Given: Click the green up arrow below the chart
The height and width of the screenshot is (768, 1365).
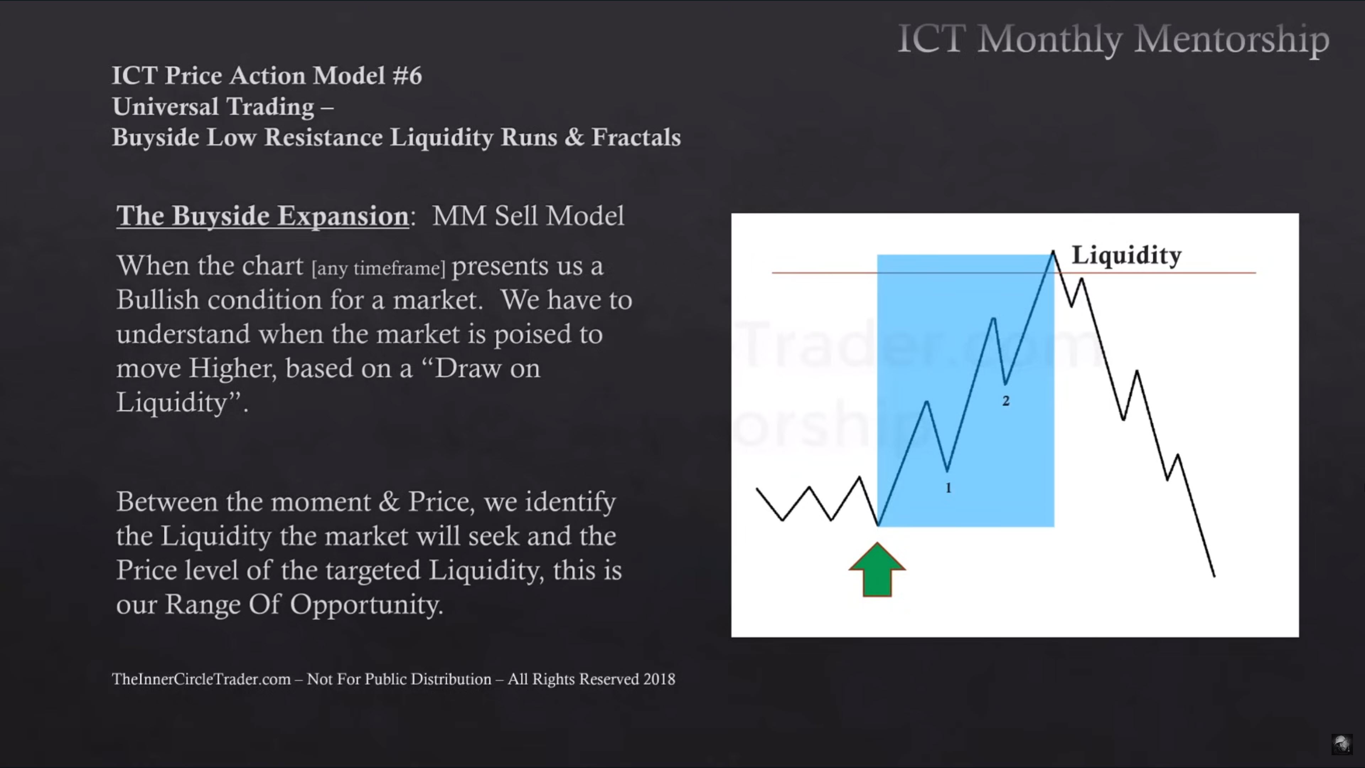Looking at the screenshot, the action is (x=877, y=570).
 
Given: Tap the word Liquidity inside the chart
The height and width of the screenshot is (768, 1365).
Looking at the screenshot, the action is (x=1126, y=256).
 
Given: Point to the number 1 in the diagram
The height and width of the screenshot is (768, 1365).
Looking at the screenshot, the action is (x=948, y=487).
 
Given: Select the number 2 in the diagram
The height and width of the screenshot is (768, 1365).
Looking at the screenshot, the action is (x=1006, y=401).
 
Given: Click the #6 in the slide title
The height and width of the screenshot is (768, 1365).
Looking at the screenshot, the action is (x=407, y=76).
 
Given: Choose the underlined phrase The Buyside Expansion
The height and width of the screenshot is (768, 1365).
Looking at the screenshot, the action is (x=262, y=216).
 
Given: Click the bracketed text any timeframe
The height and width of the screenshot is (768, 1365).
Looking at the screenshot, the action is (x=378, y=268).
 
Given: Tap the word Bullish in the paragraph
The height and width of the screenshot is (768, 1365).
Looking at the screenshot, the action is (x=157, y=300).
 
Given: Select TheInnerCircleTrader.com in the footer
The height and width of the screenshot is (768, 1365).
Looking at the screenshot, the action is (x=201, y=679).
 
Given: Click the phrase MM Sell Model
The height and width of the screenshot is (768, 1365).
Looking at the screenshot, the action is (x=528, y=216).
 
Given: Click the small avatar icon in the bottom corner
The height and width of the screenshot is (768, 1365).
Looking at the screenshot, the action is (x=1342, y=744).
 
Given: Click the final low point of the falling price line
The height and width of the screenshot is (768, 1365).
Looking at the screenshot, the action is (x=1215, y=576).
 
